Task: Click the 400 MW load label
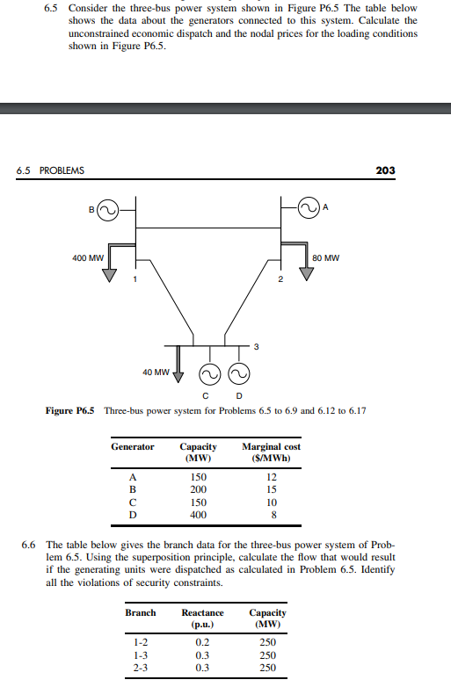pyautogui.click(x=88, y=258)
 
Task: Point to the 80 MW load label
pyautogui.click(x=326, y=258)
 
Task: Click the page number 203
pyautogui.click(x=385, y=170)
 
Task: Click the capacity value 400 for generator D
pyautogui.click(x=198, y=514)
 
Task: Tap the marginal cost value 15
pyautogui.click(x=271, y=489)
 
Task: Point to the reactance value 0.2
pyautogui.click(x=202, y=642)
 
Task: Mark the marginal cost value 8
pyautogui.click(x=271, y=514)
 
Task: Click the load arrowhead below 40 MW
pyautogui.click(x=177, y=379)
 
